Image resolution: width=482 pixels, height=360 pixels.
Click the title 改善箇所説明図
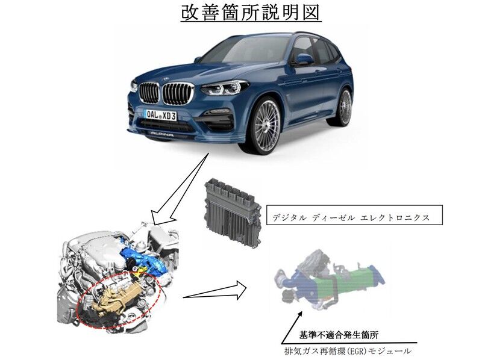pyautogui.click(x=251, y=13)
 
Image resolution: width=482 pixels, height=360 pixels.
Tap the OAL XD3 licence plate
pyautogui.click(x=161, y=116)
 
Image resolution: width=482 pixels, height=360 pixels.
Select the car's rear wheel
pyautogui.click(x=345, y=107)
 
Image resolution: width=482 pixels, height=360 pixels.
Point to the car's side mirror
pyautogui.click(x=304, y=58)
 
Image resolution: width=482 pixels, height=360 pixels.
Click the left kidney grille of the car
pyautogui.click(x=148, y=93)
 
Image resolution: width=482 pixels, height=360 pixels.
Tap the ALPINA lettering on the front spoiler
pyautogui.click(x=161, y=133)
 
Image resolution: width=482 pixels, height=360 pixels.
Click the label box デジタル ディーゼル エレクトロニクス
pyautogui.click(x=354, y=215)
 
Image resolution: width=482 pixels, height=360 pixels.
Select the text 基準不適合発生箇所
pyautogui.click(x=339, y=335)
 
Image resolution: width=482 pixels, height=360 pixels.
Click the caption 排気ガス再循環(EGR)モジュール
pyautogui.click(x=348, y=350)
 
